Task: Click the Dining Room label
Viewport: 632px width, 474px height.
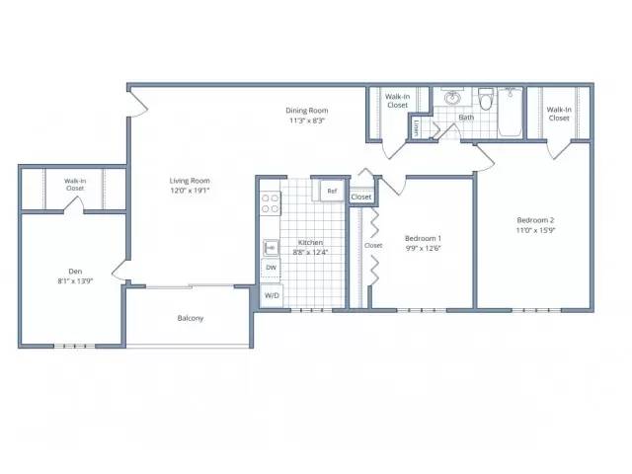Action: click(x=307, y=111)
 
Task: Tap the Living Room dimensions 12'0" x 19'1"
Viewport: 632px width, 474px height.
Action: click(x=190, y=191)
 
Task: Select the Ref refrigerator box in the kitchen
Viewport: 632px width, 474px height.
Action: click(x=332, y=191)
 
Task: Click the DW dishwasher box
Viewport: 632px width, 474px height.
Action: click(x=272, y=268)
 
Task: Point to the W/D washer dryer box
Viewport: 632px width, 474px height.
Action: click(x=272, y=296)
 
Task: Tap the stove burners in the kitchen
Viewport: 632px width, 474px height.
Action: click(x=270, y=203)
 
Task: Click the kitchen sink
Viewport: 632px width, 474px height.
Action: click(x=271, y=248)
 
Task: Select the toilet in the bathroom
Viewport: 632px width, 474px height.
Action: click(x=486, y=99)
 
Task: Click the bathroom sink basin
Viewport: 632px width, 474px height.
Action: click(x=452, y=97)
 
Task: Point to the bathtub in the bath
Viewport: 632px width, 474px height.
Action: click(x=511, y=113)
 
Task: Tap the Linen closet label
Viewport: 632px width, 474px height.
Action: click(x=416, y=127)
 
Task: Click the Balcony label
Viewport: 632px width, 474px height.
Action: click(x=191, y=318)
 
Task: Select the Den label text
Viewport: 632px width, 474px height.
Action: click(x=75, y=272)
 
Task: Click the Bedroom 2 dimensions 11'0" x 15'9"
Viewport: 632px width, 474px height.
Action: click(x=535, y=230)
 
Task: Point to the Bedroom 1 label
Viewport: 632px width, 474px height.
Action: click(x=423, y=238)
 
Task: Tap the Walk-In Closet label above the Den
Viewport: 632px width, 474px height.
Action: click(x=75, y=185)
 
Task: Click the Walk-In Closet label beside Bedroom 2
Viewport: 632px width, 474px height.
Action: click(x=559, y=114)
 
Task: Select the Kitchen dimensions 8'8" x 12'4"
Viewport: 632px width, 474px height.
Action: click(x=310, y=253)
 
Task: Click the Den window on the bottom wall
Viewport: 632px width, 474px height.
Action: click(x=75, y=346)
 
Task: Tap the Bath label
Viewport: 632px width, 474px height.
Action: click(x=466, y=118)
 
